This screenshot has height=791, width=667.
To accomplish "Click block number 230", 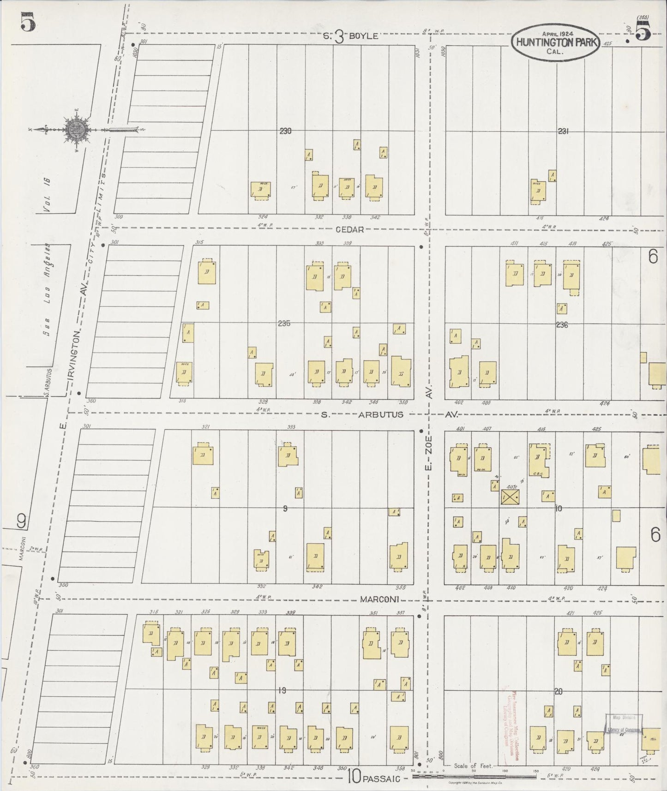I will pos(285,131).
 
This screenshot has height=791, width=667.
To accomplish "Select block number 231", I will pos(563,131).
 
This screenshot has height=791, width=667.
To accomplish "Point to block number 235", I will pos(284,324).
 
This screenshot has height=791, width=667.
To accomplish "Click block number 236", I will pos(562,325).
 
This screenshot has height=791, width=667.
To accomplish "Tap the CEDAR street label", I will pos(349,229).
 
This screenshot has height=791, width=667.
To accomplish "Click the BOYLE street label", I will pos(363,36).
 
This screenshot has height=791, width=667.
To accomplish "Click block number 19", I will pos(282,691).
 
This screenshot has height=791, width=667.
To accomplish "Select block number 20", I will pos(558,691).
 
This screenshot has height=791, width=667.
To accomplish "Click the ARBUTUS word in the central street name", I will pos(381,414).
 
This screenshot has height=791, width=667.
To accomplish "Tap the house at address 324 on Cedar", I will pos(261,190).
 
